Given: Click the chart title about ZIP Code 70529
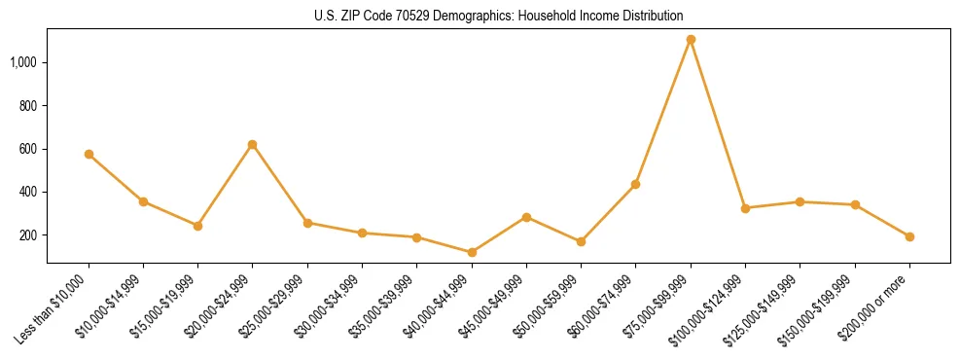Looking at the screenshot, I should (x=498, y=16).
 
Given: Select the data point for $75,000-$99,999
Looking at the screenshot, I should (x=691, y=40).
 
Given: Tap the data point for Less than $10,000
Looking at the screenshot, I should (x=89, y=154).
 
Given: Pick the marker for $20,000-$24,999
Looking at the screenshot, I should (x=253, y=144).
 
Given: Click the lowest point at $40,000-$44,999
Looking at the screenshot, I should (x=472, y=252).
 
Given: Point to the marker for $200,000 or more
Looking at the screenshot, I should (x=909, y=236).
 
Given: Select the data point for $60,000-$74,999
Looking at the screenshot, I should (x=636, y=184).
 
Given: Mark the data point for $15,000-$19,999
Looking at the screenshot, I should (x=198, y=226).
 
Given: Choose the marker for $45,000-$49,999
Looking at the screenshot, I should (x=526, y=217).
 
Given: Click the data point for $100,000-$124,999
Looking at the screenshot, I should (x=745, y=208).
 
